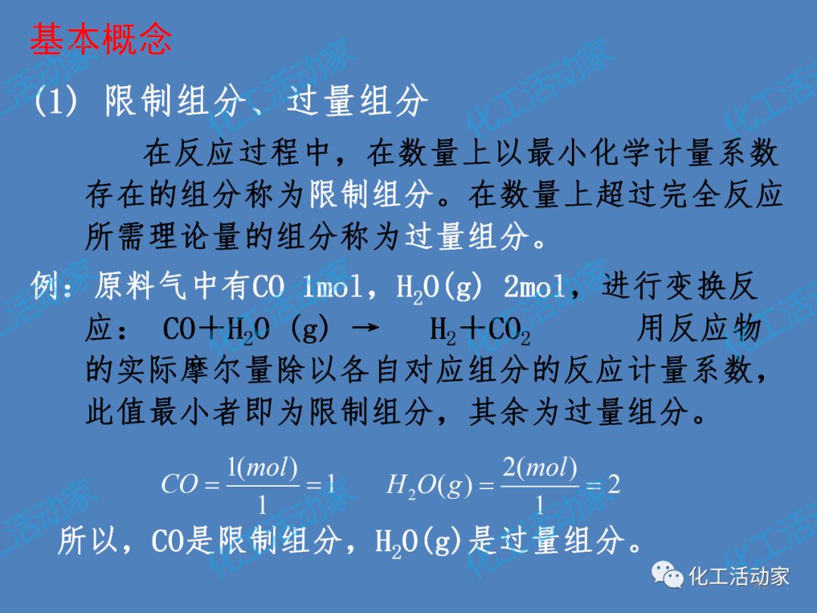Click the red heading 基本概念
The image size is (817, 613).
(x=101, y=39)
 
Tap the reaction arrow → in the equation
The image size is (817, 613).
(x=365, y=330)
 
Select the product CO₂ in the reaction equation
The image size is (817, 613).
(x=509, y=331)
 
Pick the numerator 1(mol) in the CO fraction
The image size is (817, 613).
(x=262, y=468)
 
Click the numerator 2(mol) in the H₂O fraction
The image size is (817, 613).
(x=539, y=468)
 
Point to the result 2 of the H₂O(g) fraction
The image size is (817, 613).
(x=614, y=485)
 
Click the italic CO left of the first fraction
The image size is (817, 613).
(x=179, y=485)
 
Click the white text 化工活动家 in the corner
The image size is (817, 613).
(x=738, y=577)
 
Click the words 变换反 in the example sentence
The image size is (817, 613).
(x=711, y=288)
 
